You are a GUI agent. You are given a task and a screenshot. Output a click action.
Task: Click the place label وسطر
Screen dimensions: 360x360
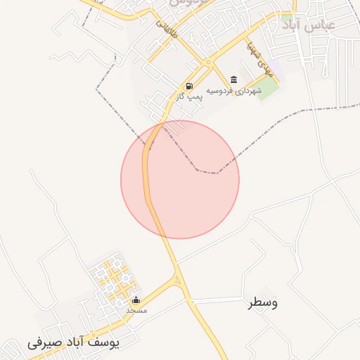pyautogui.click(x=263, y=303)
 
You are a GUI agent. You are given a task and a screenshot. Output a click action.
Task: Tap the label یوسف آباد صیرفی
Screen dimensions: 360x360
pyautogui.click(x=73, y=342)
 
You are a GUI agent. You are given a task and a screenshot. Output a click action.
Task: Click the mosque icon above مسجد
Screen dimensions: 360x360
pyautogui.click(x=136, y=300)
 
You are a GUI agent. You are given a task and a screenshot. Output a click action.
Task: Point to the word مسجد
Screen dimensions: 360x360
pyautogui.click(x=136, y=309)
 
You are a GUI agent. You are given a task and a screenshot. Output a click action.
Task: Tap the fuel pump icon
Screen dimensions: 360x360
pyautogui.click(x=189, y=86)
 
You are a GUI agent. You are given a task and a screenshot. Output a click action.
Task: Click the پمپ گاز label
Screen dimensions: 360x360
pyautogui.click(x=189, y=96)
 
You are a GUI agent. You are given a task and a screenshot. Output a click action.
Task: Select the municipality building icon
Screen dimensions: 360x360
pyautogui.click(x=233, y=79)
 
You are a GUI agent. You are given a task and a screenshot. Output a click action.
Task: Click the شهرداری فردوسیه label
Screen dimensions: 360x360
pyautogui.click(x=239, y=90)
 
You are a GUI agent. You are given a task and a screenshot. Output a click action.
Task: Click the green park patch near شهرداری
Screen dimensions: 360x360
pyautogui.click(x=267, y=91)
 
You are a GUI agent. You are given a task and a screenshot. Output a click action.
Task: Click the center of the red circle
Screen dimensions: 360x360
pyautogui.click(x=180, y=179)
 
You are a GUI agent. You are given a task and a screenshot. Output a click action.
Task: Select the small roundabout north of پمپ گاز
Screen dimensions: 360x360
pyautogui.click(x=207, y=63)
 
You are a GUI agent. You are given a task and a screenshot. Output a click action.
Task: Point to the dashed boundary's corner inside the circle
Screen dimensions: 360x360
pyautogui.click(x=198, y=170)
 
